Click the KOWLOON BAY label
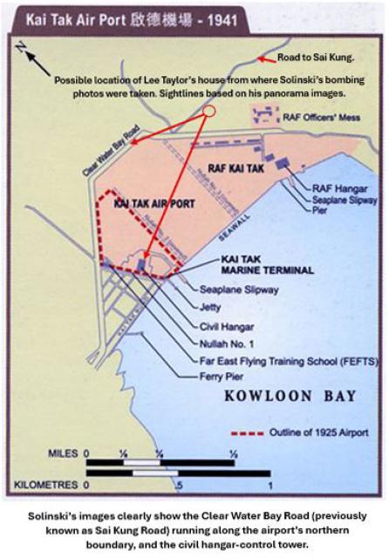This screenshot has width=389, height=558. tap(290, 396)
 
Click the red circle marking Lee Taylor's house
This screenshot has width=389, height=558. tap(208, 112)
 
